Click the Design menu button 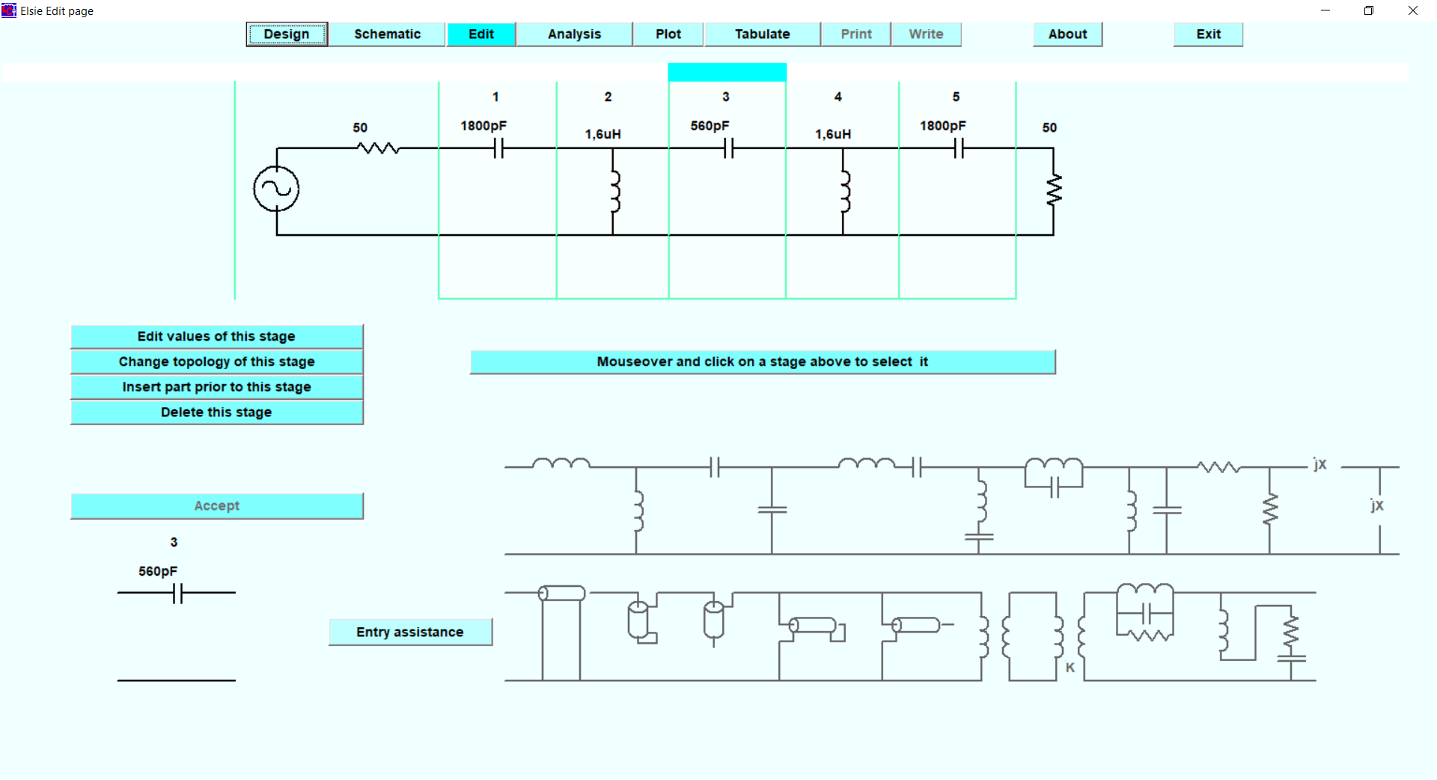point(287,34)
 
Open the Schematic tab point(387,34)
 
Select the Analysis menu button point(574,34)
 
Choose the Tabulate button point(762,34)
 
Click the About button point(1067,34)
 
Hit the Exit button point(1208,34)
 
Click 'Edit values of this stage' point(216,337)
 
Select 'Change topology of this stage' point(216,362)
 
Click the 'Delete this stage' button point(216,412)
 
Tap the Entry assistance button point(410,633)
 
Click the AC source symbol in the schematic point(276,189)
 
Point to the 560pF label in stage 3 point(710,126)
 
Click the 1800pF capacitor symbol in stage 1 point(499,149)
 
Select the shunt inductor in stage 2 point(614,192)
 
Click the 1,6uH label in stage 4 point(833,135)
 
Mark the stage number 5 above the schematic point(956,97)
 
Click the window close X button point(1413,10)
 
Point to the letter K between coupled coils point(1070,667)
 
